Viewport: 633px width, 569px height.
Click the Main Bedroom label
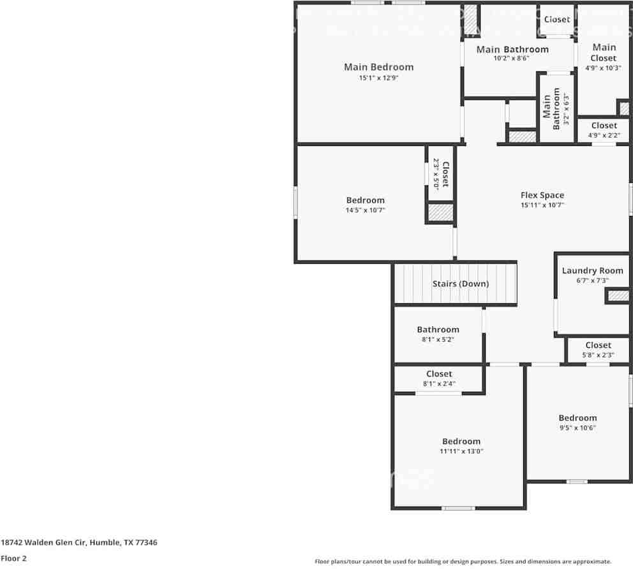tap(378, 67)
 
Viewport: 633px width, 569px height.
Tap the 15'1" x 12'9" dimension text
tap(378, 78)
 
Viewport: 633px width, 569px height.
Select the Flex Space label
tap(542, 196)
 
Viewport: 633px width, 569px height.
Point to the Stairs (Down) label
tap(460, 284)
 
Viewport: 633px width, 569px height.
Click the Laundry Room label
tap(592, 271)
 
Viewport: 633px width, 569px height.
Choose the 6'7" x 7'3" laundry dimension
tap(592, 280)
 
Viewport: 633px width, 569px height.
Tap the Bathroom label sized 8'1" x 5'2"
tap(438, 329)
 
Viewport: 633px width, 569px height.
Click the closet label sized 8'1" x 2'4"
tap(439, 374)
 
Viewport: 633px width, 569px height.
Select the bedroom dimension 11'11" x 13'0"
tap(461, 452)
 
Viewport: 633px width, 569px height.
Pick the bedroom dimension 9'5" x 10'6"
tap(577, 428)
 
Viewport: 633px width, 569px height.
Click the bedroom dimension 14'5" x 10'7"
tap(366, 210)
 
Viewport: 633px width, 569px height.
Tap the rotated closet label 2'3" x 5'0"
tap(442, 174)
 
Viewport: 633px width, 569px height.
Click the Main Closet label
tap(604, 52)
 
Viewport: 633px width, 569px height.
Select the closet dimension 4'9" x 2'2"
tap(604, 136)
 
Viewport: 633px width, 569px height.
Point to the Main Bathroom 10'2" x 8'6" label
tap(512, 50)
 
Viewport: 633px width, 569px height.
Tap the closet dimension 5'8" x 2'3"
tap(598, 355)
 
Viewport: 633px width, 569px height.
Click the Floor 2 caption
tap(14, 559)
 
